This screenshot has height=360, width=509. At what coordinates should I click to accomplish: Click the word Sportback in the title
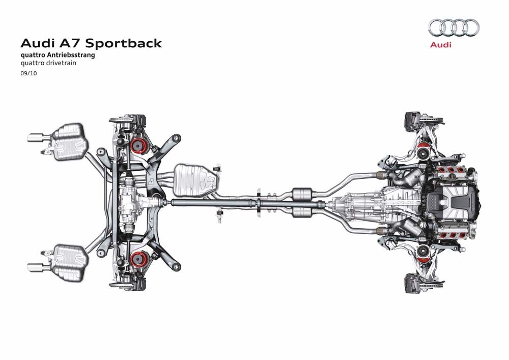click(128, 43)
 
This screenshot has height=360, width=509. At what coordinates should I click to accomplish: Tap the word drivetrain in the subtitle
click(64, 64)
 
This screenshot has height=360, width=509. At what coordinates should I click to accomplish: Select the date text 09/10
click(28, 73)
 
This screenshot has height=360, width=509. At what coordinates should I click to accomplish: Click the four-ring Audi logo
click(454, 27)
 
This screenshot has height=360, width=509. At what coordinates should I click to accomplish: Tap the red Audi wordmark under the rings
click(441, 45)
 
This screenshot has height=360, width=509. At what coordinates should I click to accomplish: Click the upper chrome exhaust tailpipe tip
click(35, 137)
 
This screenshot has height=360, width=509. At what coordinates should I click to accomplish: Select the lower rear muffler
click(70, 263)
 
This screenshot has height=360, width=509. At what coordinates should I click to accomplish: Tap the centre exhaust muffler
click(196, 179)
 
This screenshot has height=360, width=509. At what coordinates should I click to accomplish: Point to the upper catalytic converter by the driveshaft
click(303, 193)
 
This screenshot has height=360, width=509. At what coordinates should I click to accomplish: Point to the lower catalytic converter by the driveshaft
click(303, 211)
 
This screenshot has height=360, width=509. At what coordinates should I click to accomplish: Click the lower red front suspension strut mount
click(422, 251)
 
